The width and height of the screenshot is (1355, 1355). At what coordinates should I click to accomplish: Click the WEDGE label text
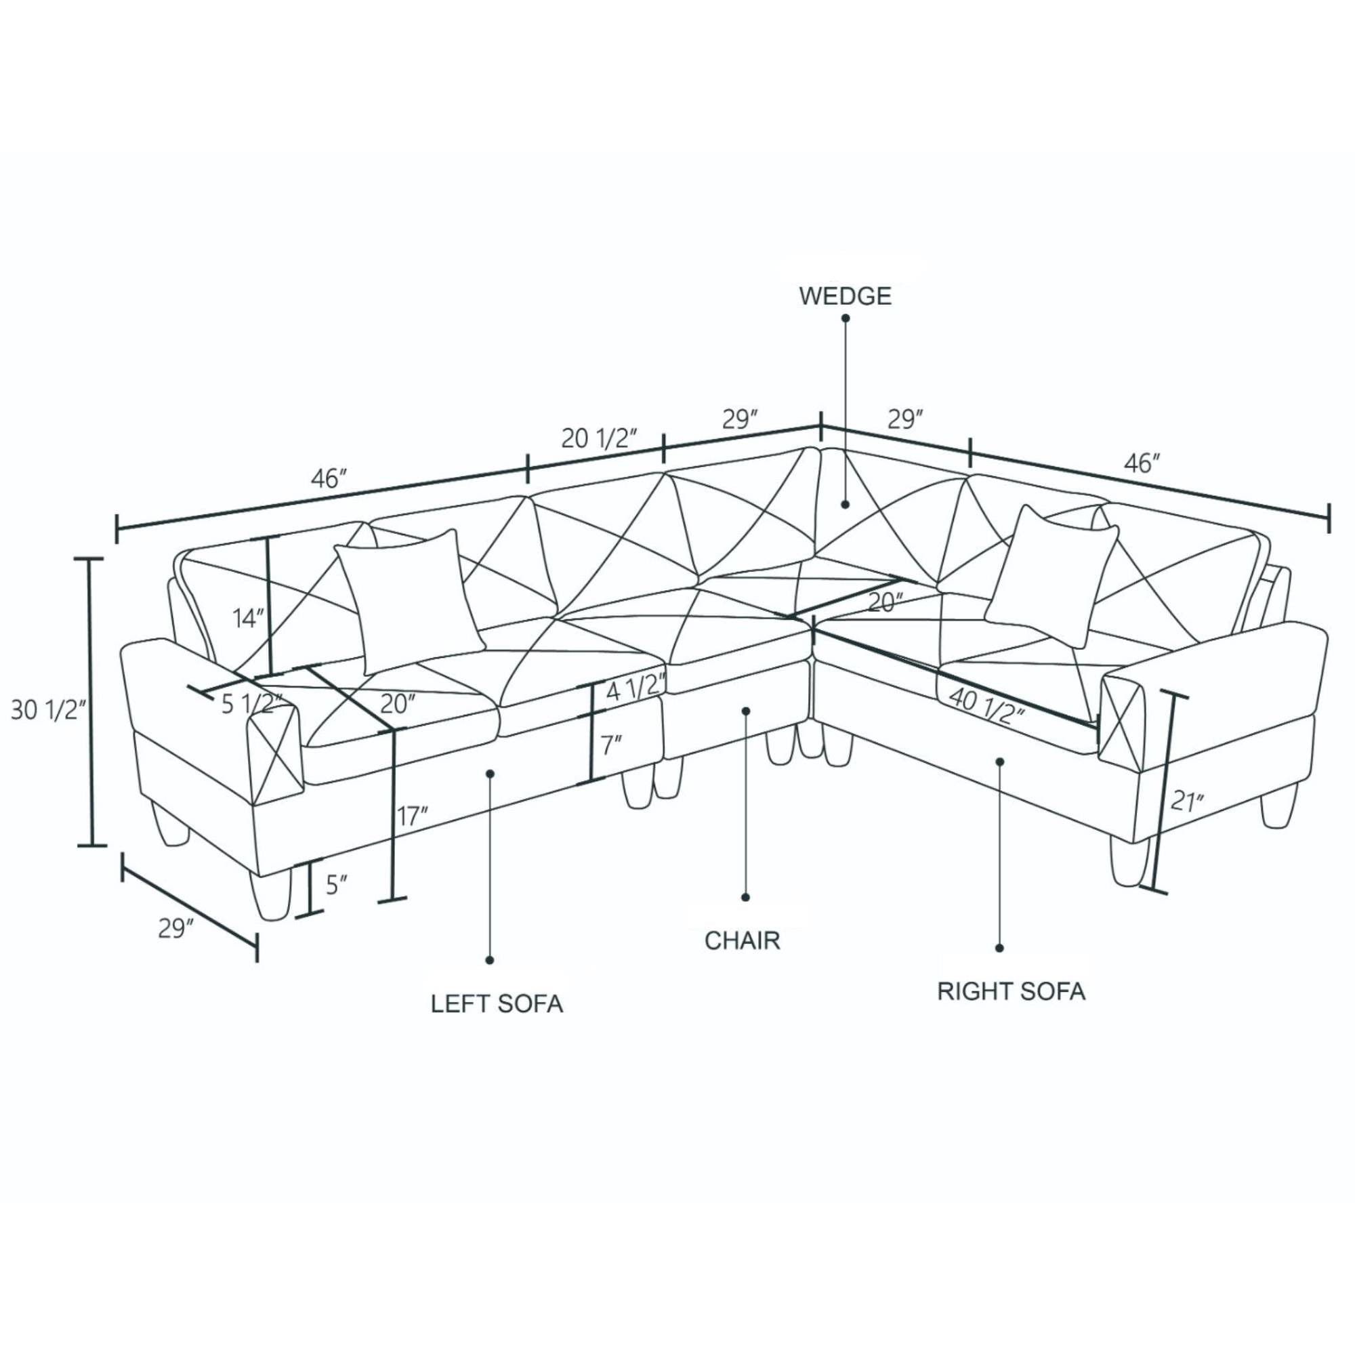coord(845,297)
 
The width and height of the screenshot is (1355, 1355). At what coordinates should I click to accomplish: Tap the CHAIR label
coord(742,940)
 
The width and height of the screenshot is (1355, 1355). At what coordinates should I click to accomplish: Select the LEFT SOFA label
coord(497,1003)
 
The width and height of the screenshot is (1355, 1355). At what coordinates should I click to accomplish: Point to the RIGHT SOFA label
coord(1012,991)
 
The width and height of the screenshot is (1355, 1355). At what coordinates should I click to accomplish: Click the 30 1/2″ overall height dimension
coord(48,711)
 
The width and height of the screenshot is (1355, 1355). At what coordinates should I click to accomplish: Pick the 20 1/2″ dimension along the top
coord(599,438)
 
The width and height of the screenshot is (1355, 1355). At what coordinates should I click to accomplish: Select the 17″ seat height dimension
coord(413,816)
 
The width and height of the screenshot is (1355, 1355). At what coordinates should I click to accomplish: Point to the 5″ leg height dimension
coord(337,885)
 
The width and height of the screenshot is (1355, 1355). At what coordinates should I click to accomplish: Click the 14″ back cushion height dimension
coord(249,619)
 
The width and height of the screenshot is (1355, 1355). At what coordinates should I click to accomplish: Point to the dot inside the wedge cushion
coord(846,503)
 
